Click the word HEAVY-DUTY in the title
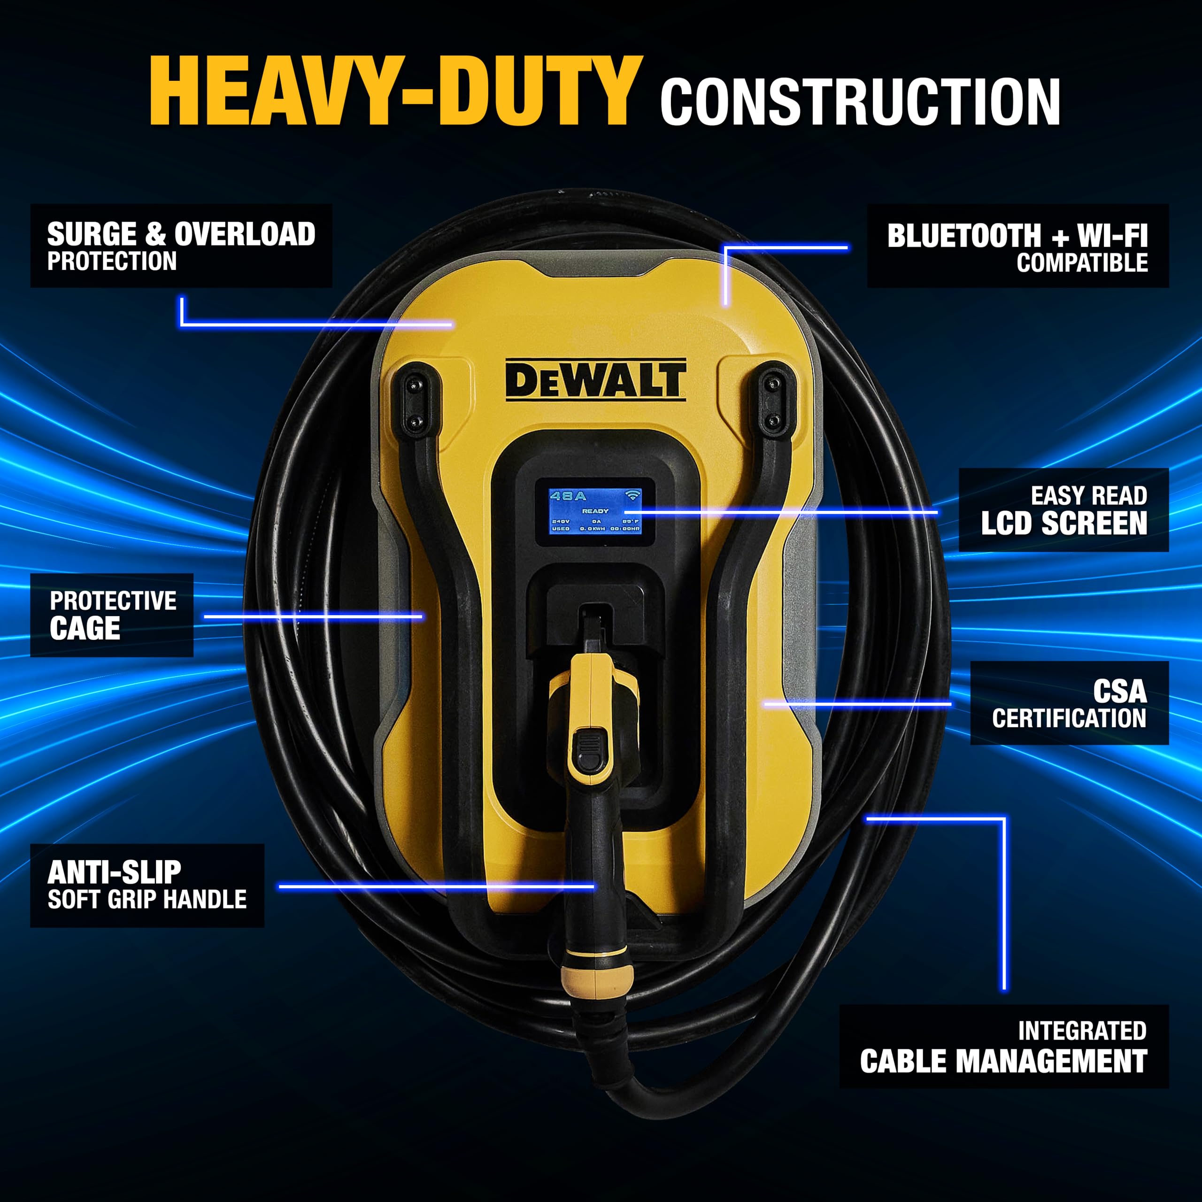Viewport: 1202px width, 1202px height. pos(396,92)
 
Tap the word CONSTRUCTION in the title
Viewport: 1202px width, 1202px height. pos(860,102)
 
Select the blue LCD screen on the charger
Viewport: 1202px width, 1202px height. pos(595,511)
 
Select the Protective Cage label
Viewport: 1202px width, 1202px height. pos(112,615)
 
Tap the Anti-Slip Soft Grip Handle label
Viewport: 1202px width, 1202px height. pos(147,886)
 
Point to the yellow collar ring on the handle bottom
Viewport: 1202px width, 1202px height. pos(597,980)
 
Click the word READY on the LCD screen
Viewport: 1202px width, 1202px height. pos(595,511)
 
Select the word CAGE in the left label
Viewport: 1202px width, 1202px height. pos(85,628)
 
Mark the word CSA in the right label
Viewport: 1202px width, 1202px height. pos(1119,691)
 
